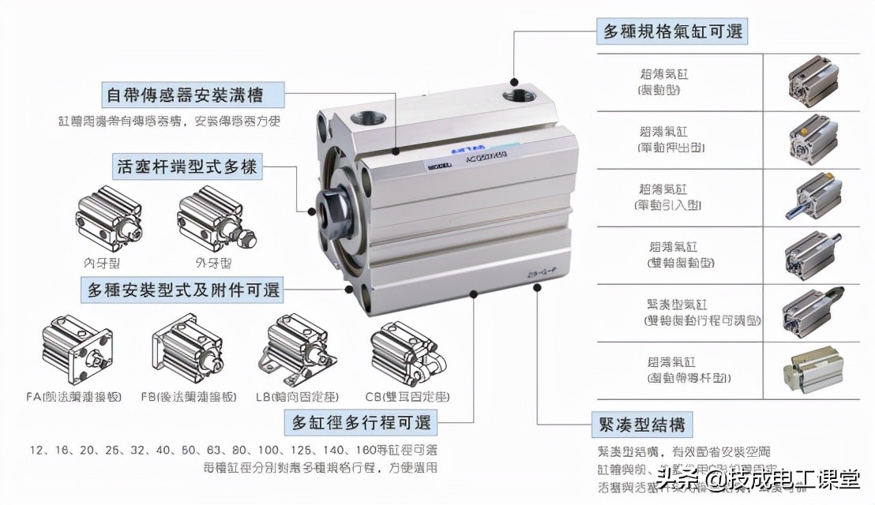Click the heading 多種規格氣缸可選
tap(672, 32)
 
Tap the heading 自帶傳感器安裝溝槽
tap(194, 95)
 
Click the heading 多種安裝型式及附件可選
tap(183, 290)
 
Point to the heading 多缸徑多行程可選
tap(362, 421)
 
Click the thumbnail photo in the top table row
tap(811, 80)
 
